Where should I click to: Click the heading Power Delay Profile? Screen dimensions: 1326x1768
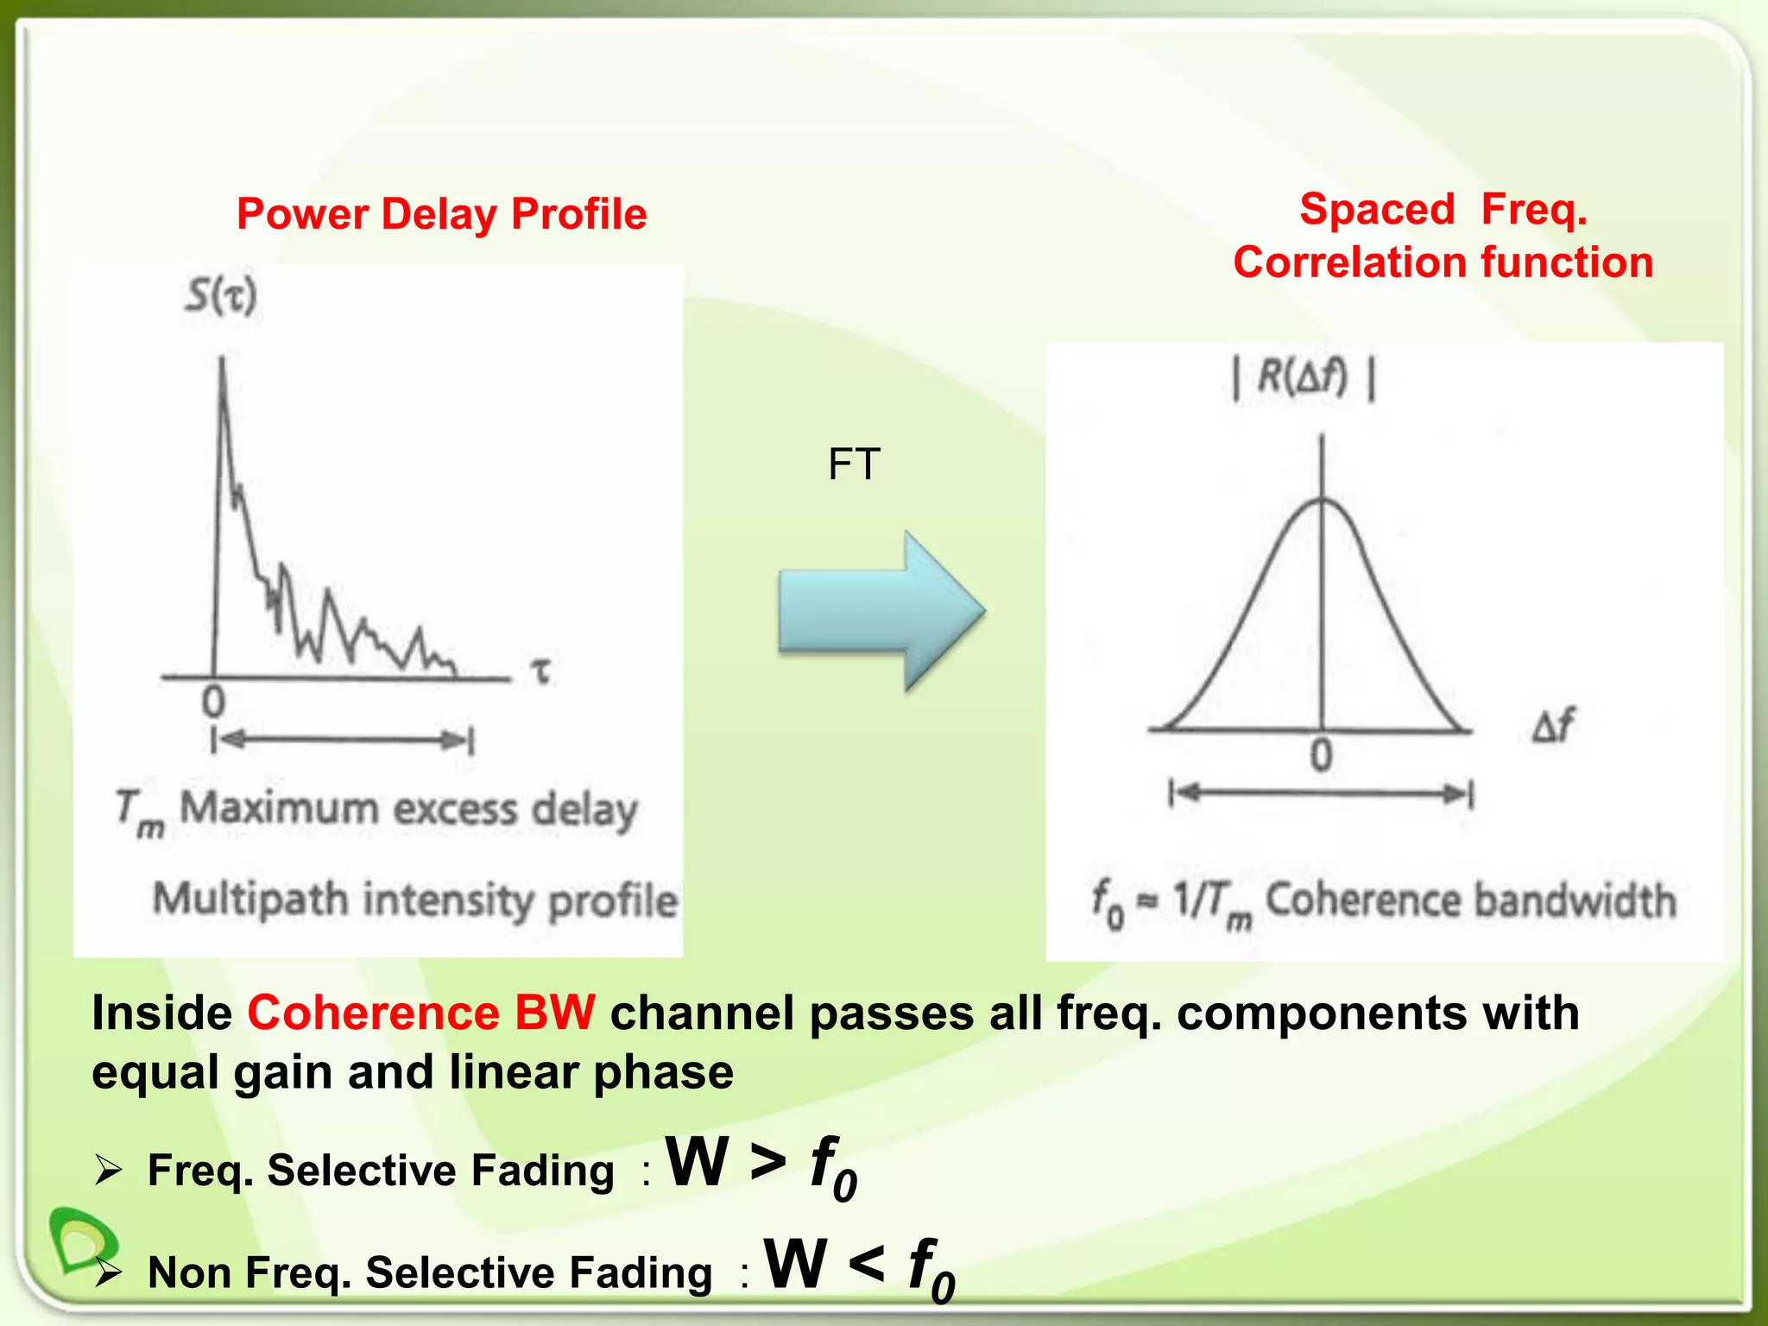pyautogui.click(x=441, y=214)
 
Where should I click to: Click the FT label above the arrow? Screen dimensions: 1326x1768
pyautogui.click(x=854, y=464)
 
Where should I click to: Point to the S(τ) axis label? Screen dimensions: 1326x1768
pyautogui.click(x=221, y=297)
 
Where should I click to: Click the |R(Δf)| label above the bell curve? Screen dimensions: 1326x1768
pyautogui.click(x=1304, y=379)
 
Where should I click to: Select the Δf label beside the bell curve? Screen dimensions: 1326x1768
pyautogui.click(x=1553, y=725)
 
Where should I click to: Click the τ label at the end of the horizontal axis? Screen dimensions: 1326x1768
pyautogui.click(x=541, y=672)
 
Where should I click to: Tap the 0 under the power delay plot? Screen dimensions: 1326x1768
pyautogui.click(x=213, y=703)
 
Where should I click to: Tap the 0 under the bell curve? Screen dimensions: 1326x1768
pyautogui.click(x=1321, y=756)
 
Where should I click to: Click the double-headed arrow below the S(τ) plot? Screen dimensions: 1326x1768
pyautogui.click(x=343, y=740)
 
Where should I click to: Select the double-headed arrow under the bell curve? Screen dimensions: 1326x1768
pyautogui.click(x=1321, y=792)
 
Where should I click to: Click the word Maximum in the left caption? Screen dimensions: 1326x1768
pyautogui.click(x=279, y=810)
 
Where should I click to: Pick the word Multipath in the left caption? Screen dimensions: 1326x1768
pyautogui.click(x=251, y=900)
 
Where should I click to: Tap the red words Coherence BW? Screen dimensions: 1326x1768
pyautogui.click(x=421, y=1013)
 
